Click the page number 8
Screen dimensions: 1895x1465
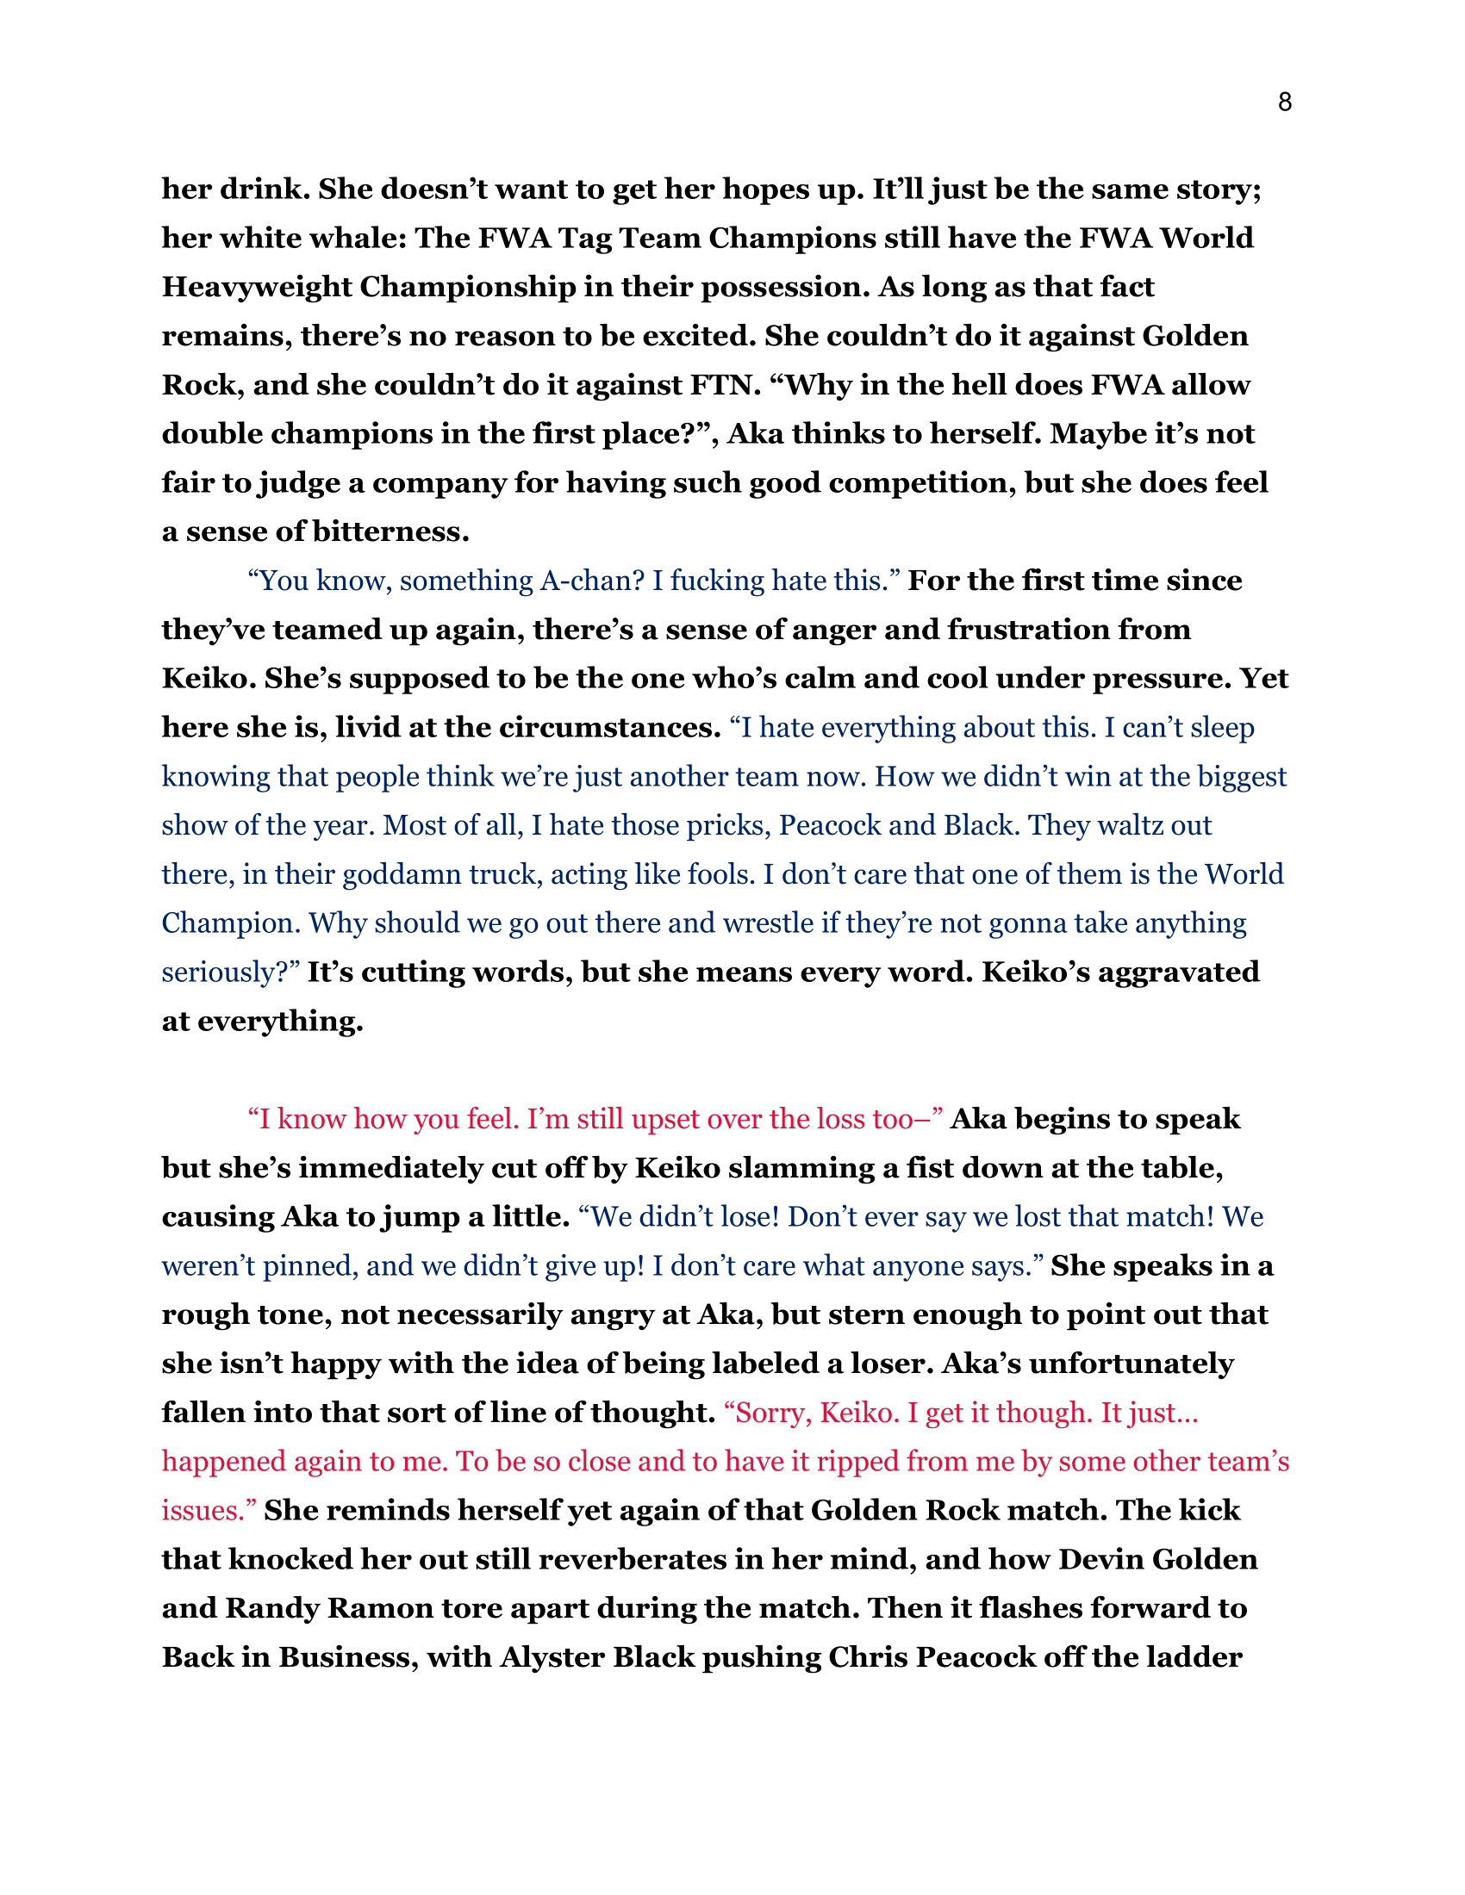1285,103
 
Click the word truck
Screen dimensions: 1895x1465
506,874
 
